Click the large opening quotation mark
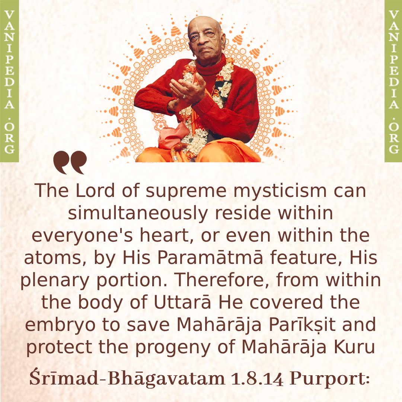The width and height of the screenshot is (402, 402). click(x=70, y=162)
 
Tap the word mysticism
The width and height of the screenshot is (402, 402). click(x=280, y=191)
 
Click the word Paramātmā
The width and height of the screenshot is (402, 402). click(x=210, y=258)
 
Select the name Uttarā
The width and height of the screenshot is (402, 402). click(x=182, y=302)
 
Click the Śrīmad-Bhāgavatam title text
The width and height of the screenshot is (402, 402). click(x=127, y=379)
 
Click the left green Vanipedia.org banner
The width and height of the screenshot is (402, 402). click(x=9, y=81)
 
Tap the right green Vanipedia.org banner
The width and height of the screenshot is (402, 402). click(x=393, y=81)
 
